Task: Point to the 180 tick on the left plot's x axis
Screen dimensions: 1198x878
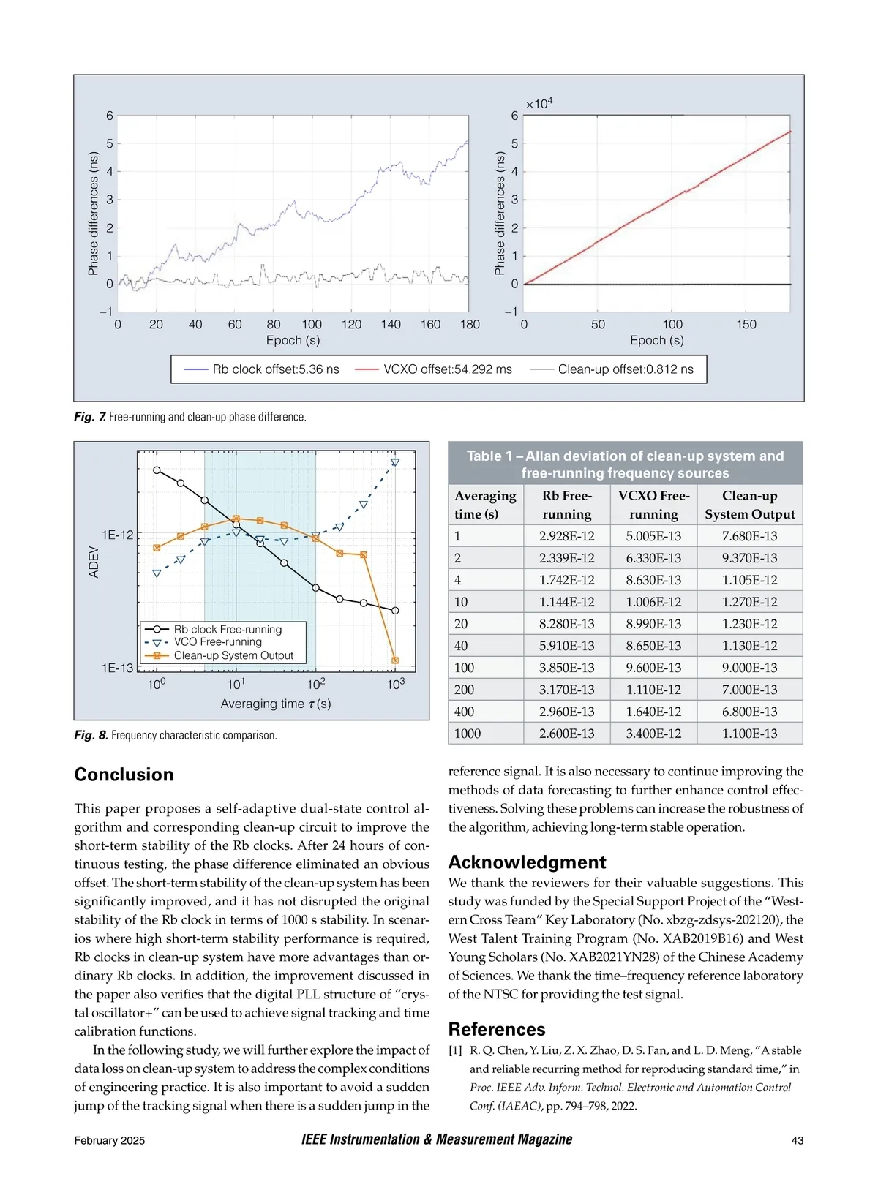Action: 470,325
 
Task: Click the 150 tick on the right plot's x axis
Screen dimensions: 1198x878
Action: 746,325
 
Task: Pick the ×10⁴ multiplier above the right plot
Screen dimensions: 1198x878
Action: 539,104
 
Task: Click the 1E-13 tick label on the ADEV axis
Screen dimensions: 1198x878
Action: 118,668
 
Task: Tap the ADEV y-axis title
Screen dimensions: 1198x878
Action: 94,562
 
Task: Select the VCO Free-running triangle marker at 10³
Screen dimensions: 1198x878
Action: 396,462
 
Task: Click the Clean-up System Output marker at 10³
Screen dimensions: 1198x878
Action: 395,660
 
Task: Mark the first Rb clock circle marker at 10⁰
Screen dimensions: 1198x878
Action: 157,470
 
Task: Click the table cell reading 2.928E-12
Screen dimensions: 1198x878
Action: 566,536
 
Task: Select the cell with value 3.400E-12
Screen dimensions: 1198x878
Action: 653,734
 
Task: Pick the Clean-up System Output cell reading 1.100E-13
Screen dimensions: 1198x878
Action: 749,734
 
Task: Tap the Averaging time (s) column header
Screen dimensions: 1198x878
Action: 485,505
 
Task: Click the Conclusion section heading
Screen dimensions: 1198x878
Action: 124,775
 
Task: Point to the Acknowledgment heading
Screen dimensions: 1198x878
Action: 527,862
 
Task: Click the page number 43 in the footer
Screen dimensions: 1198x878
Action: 797,1141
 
